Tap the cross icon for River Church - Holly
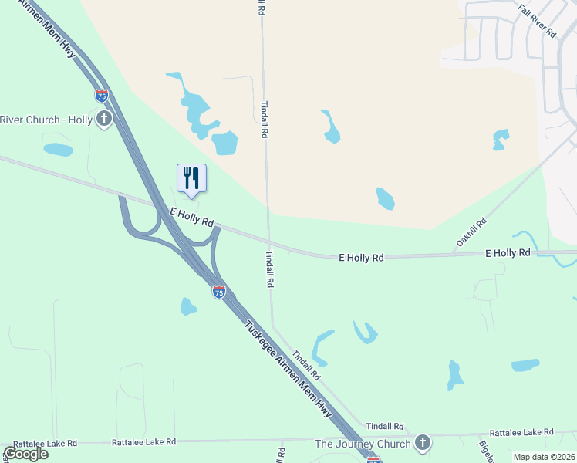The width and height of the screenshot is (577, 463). tap(103, 119)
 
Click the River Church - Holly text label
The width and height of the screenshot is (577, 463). tap(46, 120)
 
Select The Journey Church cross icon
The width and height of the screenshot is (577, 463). tap(422, 443)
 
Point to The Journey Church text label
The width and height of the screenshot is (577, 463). tap(363, 444)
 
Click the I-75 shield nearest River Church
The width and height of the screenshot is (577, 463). tap(101, 96)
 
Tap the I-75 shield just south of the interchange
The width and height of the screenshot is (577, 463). tap(219, 292)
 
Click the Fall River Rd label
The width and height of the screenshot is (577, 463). tap(538, 21)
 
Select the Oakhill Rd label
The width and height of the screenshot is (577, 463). tap(471, 231)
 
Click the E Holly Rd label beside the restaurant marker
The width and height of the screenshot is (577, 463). tap(191, 216)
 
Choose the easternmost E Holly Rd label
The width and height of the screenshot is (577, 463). tap(507, 253)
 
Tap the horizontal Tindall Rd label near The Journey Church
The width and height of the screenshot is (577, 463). tap(385, 426)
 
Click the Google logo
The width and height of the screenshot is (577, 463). tap(25, 453)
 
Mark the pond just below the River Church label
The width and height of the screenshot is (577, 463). tap(58, 149)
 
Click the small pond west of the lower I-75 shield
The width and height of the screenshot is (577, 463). tap(188, 307)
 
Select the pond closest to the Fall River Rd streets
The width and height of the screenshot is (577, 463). tap(501, 140)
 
